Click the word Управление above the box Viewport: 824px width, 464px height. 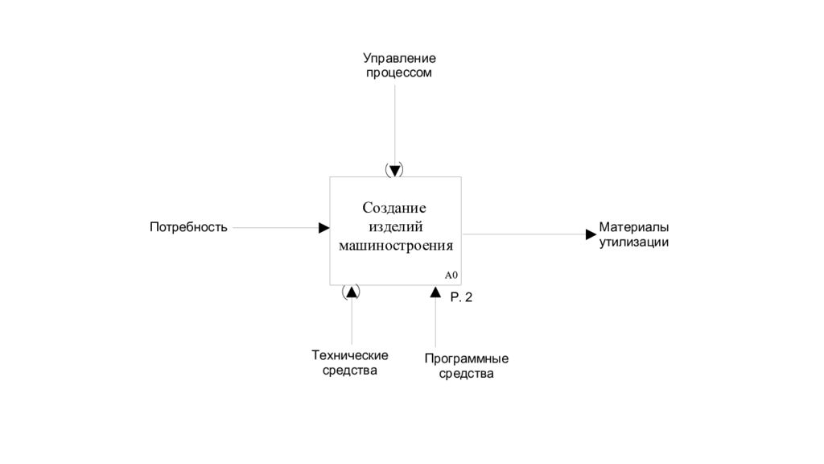399,58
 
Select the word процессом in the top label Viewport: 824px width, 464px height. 399,73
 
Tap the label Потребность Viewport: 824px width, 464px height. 188,227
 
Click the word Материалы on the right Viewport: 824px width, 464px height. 634,227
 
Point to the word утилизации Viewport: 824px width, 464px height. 634,242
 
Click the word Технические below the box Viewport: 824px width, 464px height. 350,355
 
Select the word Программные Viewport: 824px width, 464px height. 467,359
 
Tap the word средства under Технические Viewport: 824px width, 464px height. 350,371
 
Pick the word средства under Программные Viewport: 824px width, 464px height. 467,374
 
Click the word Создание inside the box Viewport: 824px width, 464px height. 394,208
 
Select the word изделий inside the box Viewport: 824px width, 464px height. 396,226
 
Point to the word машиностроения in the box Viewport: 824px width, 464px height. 396,246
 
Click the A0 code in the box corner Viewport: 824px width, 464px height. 451,275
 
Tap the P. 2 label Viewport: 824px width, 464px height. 461,298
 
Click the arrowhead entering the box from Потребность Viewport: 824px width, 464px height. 324,228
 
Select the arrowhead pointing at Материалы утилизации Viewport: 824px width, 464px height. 591,234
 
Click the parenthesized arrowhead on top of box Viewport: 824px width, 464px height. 394,170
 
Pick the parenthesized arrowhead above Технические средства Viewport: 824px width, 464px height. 351,292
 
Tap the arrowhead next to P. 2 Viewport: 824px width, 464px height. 435,292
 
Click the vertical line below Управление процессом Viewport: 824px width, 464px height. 394,124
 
